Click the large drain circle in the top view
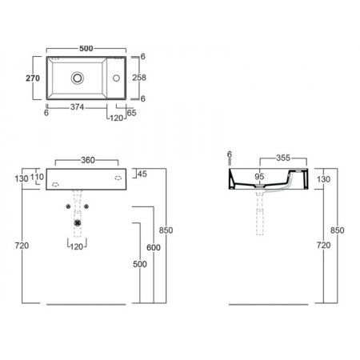pos(77,78)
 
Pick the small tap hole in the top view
pos(117,78)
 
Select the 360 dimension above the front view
pos(86,159)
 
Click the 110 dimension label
pos(38,178)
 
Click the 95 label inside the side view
pos(259,177)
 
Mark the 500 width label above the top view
pos(86,47)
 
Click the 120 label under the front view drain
pos(76,247)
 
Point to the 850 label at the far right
pos(337,230)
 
